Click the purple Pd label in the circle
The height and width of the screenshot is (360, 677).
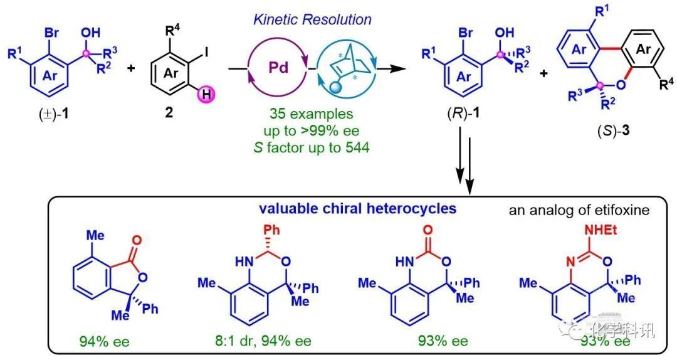tap(278, 68)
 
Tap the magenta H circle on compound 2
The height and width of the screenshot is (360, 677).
tap(206, 94)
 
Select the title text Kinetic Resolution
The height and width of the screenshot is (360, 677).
tap(312, 19)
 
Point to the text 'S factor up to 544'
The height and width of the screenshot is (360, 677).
tap(312, 148)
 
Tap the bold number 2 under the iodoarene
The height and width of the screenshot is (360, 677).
tap(169, 114)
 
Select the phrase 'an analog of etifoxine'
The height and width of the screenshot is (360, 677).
tap(579, 210)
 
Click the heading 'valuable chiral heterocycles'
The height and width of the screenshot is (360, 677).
tap(357, 209)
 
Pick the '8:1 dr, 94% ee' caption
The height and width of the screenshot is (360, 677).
tap(263, 341)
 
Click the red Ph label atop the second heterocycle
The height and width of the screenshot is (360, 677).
tap(271, 230)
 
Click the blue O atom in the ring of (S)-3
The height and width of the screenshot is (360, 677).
tap(621, 85)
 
